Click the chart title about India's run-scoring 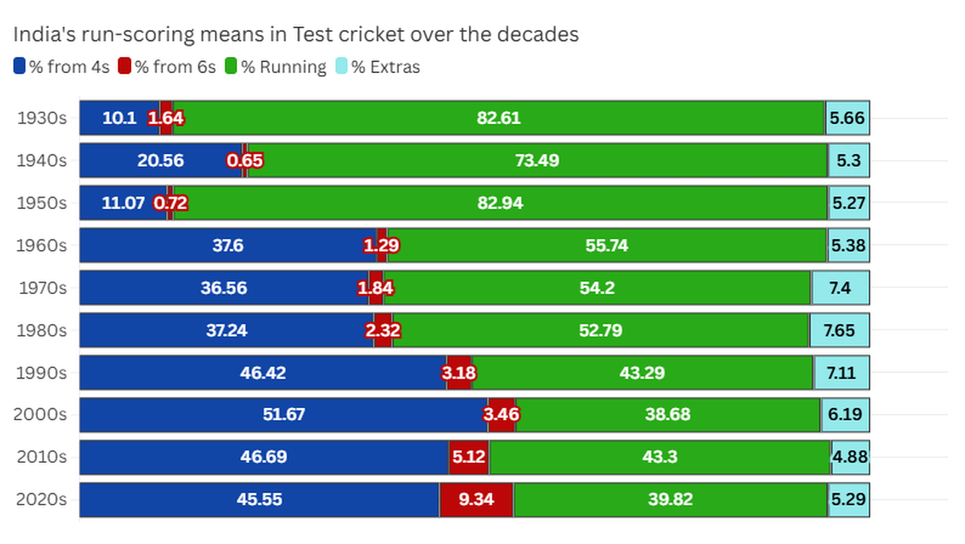pyautogui.click(x=296, y=35)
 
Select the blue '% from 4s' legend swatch pyautogui.click(x=20, y=67)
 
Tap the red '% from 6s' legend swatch pyautogui.click(x=125, y=67)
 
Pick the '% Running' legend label pyautogui.click(x=284, y=67)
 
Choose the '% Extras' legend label pyautogui.click(x=385, y=67)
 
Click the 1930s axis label pyautogui.click(x=42, y=118)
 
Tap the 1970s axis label pyautogui.click(x=43, y=288)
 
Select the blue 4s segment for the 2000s pyautogui.click(x=283, y=415)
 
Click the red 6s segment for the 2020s pyautogui.click(x=476, y=499)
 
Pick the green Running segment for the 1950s pyautogui.click(x=500, y=202)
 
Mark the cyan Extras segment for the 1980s pyautogui.click(x=840, y=330)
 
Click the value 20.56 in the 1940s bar pyautogui.click(x=161, y=161)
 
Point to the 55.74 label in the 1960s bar pyautogui.click(x=606, y=245)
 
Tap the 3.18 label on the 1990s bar pyautogui.click(x=458, y=373)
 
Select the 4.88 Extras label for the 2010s pyautogui.click(x=849, y=457)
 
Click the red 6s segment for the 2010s pyautogui.click(x=470, y=457)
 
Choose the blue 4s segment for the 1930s pyautogui.click(x=119, y=118)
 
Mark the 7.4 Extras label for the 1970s pyautogui.click(x=840, y=288)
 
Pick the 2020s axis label pyautogui.click(x=41, y=499)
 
